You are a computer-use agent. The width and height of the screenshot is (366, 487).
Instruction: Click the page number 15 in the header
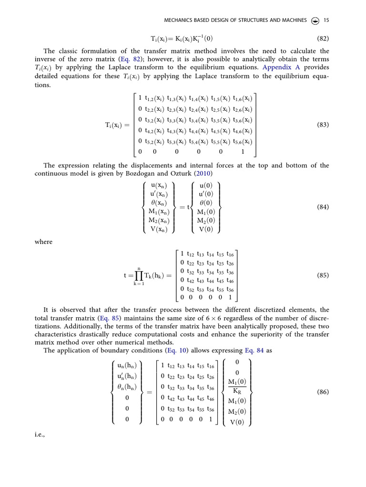pos(326,20)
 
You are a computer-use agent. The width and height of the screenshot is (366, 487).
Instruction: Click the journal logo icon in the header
pos(315,20)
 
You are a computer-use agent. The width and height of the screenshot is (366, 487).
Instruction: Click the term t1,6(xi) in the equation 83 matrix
pos(243,99)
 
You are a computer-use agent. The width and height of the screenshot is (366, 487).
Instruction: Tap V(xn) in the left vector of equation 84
pos(159,229)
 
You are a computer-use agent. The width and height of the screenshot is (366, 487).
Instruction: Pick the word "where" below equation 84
pos(43,242)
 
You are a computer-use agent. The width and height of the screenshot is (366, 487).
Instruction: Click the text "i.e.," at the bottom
pos(41,435)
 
